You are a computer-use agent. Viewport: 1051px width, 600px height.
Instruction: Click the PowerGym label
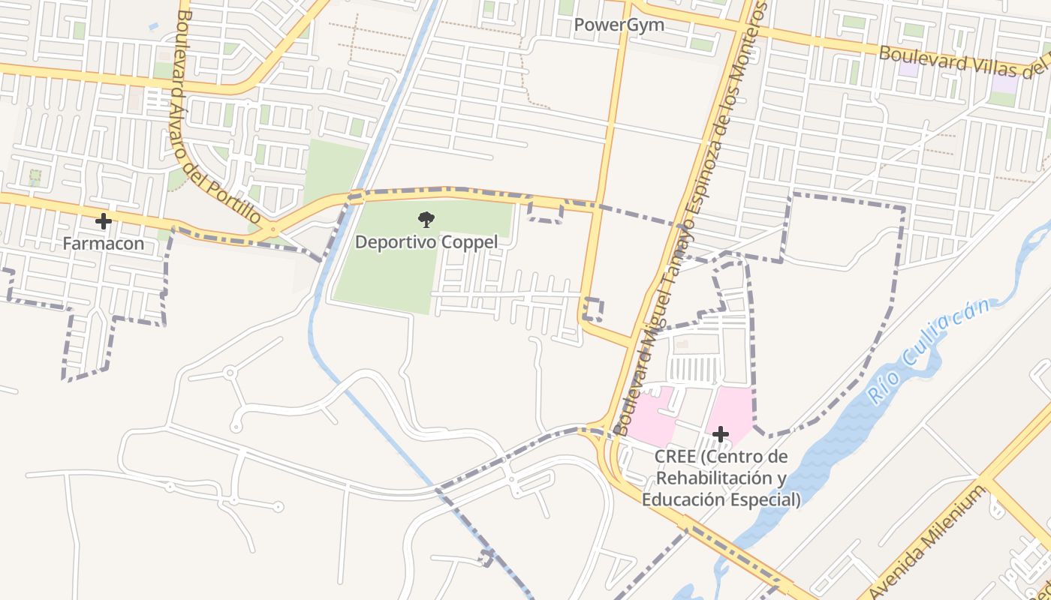pos(619,25)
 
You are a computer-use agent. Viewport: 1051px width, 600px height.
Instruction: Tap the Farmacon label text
pos(103,244)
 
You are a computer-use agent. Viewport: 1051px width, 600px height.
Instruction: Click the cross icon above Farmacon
pos(104,221)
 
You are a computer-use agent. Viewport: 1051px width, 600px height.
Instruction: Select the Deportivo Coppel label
pos(426,242)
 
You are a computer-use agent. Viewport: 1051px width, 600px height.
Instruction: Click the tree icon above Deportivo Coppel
pos(426,220)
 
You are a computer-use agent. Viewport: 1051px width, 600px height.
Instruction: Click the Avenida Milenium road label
pos(931,540)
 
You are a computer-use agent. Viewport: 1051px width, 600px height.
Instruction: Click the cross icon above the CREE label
pos(720,434)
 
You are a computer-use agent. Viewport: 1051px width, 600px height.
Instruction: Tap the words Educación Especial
pos(721,499)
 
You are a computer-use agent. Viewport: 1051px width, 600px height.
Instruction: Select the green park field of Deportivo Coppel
pos(383,277)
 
